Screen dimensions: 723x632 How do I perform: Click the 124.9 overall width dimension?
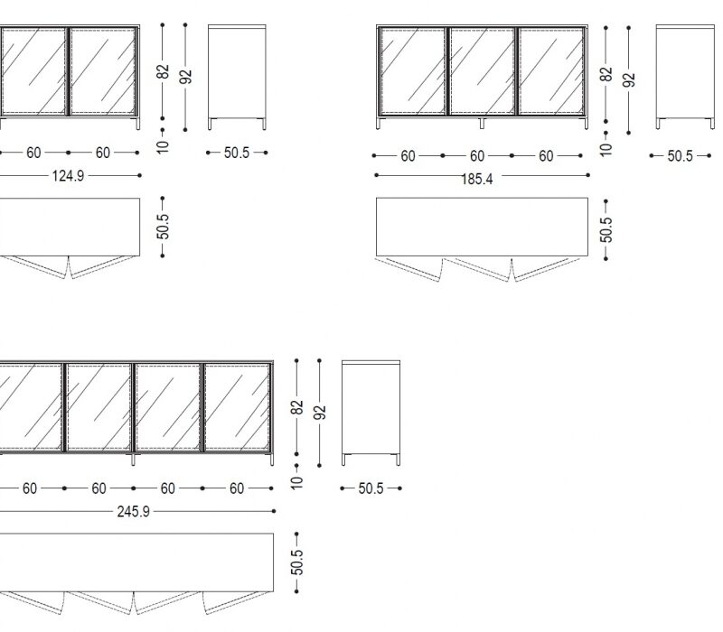[x=69, y=176]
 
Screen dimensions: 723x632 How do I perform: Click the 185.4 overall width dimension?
[x=477, y=179]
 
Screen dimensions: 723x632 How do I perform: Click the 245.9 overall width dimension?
[x=133, y=512]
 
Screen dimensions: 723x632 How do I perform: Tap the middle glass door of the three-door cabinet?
[x=482, y=71]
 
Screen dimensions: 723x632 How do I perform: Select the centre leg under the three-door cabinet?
[x=482, y=123]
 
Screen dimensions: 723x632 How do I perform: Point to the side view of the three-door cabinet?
[x=686, y=77]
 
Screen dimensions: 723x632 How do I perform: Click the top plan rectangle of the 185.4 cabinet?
[x=482, y=228]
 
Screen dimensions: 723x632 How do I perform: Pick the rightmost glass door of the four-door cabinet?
[x=237, y=407]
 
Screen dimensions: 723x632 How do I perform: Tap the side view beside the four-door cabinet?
[x=371, y=413]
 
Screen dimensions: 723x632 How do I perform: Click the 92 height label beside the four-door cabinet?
[x=320, y=413]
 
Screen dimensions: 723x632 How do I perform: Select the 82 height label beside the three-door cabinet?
[x=606, y=74]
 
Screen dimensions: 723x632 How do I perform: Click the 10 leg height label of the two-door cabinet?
[x=163, y=146]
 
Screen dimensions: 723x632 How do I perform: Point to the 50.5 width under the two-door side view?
[x=237, y=153]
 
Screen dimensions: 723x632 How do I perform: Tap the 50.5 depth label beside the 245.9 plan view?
[x=297, y=562]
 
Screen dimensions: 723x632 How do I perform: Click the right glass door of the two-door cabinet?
[x=103, y=71]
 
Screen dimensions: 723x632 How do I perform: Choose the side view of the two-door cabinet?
[x=237, y=77]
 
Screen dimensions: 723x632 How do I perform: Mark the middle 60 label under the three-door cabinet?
[x=477, y=156]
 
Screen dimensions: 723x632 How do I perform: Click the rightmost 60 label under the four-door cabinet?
[x=237, y=488]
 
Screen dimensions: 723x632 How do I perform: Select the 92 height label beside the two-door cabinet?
[x=185, y=77]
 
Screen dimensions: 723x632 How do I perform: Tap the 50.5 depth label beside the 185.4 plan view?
[x=606, y=229]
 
